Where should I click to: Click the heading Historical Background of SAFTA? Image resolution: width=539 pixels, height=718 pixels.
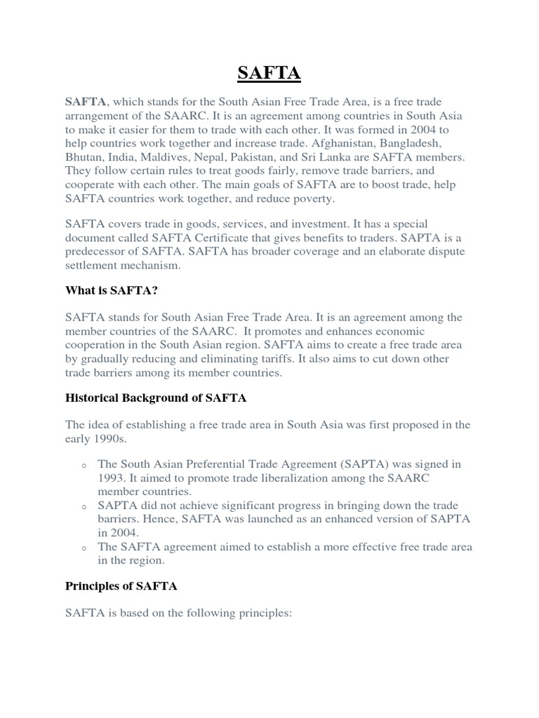click(x=156, y=398)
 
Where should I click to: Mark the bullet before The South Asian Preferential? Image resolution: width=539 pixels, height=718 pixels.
click(x=84, y=465)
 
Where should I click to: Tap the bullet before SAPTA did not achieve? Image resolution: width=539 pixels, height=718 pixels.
click(x=84, y=506)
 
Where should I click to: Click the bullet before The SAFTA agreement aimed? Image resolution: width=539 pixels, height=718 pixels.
click(x=84, y=547)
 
